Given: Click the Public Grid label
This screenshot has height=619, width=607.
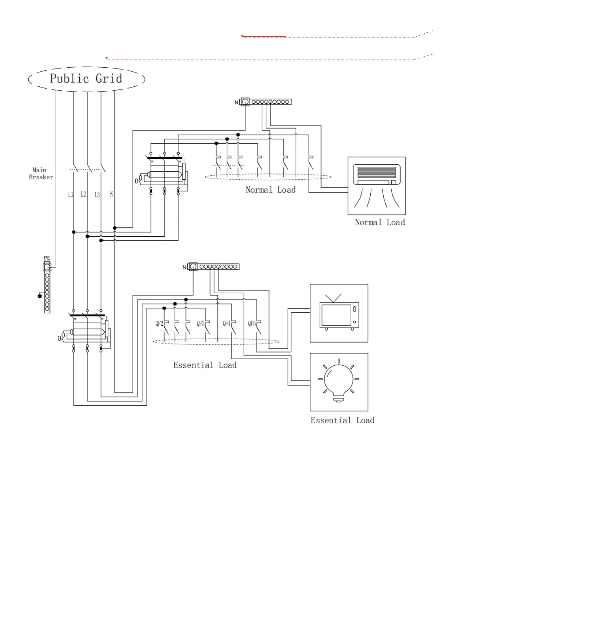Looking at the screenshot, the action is pyautogui.click(x=86, y=79).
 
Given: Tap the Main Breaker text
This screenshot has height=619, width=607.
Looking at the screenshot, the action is pyautogui.click(x=41, y=173).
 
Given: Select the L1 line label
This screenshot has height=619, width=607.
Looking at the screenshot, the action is pyautogui.click(x=71, y=194).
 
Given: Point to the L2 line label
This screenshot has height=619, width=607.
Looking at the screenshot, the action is pyautogui.click(x=83, y=194).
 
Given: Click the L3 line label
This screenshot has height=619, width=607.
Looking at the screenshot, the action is pyautogui.click(x=97, y=195).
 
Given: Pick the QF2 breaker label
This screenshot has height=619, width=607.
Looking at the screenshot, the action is pyautogui.click(x=159, y=323).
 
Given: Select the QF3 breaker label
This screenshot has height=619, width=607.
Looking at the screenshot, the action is pyautogui.click(x=200, y=323).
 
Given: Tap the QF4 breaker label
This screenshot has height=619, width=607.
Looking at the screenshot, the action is pyautogui.click(x=226, y=323).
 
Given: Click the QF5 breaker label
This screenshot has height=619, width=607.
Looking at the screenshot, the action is pyautogui.click(x=252, y=323).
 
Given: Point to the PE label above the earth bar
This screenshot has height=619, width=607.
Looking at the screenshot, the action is pyautogui.click(x=47, y=258).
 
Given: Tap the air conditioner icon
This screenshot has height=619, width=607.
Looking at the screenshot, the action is pyautogui.click(x=377, y=186).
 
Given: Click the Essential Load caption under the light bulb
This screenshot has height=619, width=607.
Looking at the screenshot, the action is pyautogui.click(x=342, y=420).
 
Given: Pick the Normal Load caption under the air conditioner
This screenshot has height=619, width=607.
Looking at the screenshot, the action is pyautogui.click(x=380, y=222).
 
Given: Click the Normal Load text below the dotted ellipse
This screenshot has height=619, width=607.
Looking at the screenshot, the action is pyautogui.click(x=270, y=190).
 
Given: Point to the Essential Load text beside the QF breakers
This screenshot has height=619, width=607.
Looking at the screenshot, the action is pyautogui.click(x=205, y=365).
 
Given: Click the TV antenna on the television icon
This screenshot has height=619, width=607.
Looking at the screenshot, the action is pyautogui.click(x=333, y=298).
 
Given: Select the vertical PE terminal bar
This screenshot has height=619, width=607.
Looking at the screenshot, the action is pyautogui.click(x=47, y=289).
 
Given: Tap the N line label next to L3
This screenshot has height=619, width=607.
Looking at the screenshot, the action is pyautogui.click(x=111, y=194).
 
